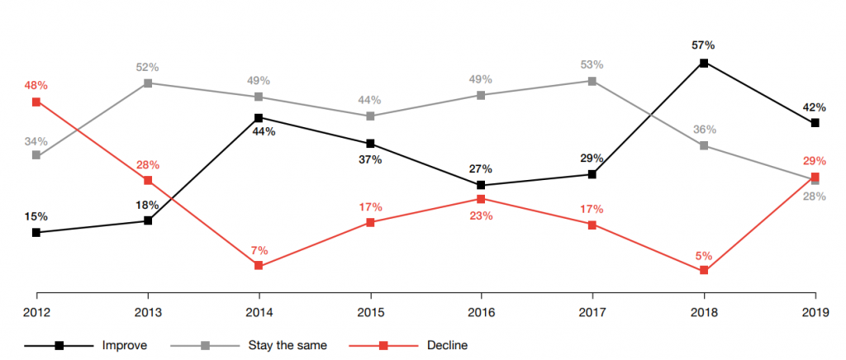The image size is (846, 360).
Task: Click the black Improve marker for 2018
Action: point(704,63)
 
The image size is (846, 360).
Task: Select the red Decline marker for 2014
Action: point(259,265)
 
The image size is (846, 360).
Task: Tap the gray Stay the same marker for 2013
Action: point(148,83)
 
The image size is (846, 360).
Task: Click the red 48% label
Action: point(36,85)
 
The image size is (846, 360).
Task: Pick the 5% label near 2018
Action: point(704,255)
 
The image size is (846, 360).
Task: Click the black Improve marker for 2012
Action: point(36,233)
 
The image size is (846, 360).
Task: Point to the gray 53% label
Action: point(592,64)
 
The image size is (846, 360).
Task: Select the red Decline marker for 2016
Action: point(481,198)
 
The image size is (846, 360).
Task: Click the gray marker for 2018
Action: point(704,145)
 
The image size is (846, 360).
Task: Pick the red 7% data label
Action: point(259,249)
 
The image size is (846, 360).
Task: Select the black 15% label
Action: point(36,216)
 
